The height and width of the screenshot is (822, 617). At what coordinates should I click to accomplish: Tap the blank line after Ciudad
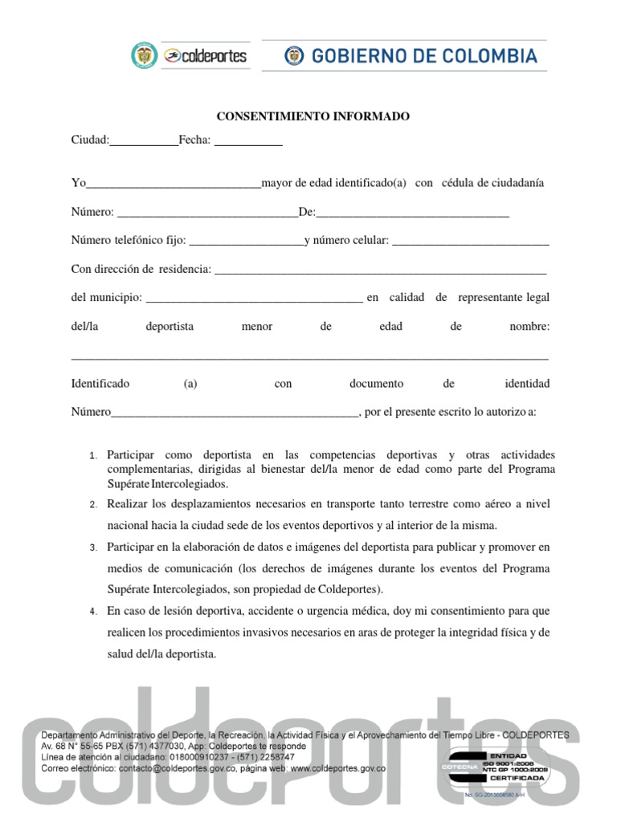click(x=144, y=142)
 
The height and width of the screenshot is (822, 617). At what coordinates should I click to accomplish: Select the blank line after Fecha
click(x=248, y=142)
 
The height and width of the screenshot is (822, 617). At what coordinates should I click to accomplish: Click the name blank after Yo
click(x=174, y=185)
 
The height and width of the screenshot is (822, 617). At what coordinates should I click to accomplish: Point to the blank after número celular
click(x=471, y=242)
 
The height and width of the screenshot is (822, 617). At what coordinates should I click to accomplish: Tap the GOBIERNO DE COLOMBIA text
click(x=424, y=55)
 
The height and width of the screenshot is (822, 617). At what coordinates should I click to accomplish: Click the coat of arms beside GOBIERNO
click(x=294, y=55)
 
